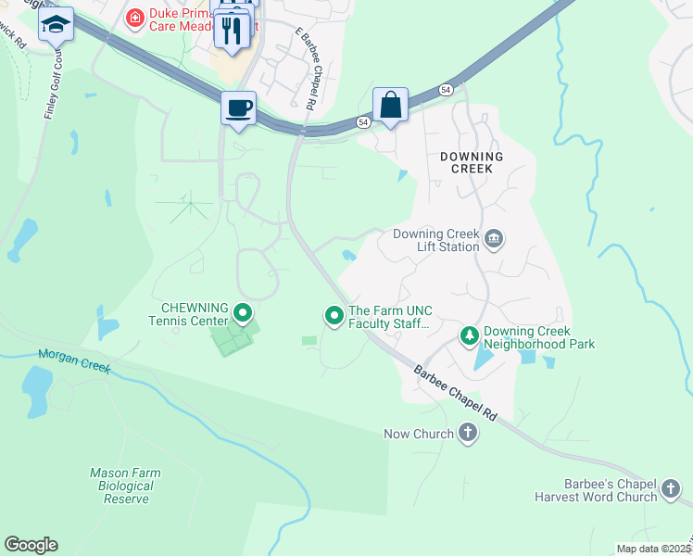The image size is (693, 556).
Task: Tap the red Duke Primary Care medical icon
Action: (135, 17)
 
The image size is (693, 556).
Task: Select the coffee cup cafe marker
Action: (238, 108)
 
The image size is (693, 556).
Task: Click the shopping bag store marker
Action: (391, 104)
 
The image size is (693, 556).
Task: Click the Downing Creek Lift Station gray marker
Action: (494, 240)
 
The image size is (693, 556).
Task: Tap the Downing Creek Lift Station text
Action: (436, 240)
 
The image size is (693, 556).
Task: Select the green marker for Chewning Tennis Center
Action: (243, 313)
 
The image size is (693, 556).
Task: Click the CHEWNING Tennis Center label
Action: (194, 315)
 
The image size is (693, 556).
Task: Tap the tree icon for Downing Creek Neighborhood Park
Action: (470, 336)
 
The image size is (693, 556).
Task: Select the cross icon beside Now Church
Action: (468, 433)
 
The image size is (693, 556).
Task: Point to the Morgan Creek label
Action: (74, 361)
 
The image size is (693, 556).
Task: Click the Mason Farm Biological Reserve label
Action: (124, 486)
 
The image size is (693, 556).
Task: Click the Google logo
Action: (31, 545)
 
